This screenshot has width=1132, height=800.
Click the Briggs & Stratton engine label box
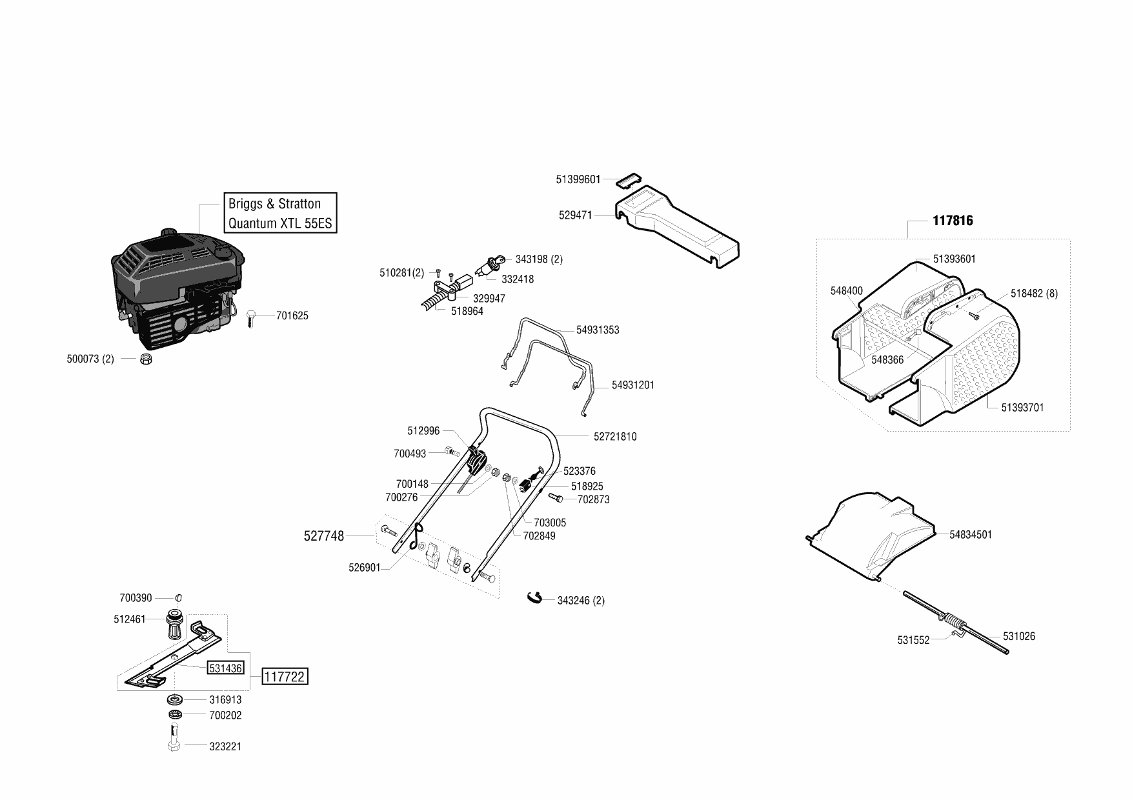[x=280, y=213]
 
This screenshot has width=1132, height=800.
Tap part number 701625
[x=292, y=315]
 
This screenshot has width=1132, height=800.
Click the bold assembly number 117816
[x=953, y=221]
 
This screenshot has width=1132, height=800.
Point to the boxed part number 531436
[x=225, y=668]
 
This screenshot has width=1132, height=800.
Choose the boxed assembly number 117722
[x=285, y=677]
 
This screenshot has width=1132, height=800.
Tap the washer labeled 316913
[x=174, y=699]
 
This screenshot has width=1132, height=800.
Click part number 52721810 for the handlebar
[x=615, y=437]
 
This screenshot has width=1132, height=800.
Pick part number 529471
[x=575, y=215]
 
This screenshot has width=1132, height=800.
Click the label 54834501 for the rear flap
[x=971, y=534]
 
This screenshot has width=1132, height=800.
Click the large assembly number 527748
[x=323, y=535]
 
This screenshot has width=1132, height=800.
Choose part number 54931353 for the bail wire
[x=598, y=330]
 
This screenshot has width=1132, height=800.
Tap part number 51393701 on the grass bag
[x=1022, y=407]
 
